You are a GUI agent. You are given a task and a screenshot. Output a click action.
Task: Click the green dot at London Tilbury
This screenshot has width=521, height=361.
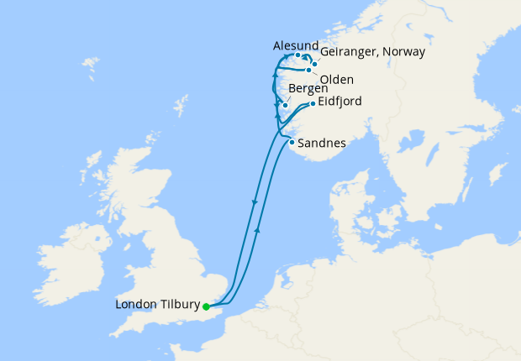click(206, 306)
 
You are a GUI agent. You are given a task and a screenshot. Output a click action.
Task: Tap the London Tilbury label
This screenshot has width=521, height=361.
click(158, 305)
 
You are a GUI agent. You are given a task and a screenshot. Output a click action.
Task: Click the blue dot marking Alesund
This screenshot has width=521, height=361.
click(298, 55)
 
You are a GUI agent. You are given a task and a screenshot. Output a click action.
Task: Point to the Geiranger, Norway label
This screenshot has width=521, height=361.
click(373, 52)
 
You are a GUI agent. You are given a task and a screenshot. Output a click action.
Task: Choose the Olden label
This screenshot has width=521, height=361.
click(337, 79)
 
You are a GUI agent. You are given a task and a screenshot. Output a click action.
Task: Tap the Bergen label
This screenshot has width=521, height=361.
click(308, 88)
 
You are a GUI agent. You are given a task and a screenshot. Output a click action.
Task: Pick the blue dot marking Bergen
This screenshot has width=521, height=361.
click(285, 105)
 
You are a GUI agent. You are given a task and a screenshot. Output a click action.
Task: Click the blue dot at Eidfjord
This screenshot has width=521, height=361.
click(313, 104)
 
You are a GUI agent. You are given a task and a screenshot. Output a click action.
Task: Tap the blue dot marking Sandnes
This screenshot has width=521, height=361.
click(292, 142)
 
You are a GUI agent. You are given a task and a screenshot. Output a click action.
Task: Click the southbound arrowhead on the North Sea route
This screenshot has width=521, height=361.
click(254, 202)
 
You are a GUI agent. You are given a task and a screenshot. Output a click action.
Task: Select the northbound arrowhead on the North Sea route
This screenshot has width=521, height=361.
click(257, 228)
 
